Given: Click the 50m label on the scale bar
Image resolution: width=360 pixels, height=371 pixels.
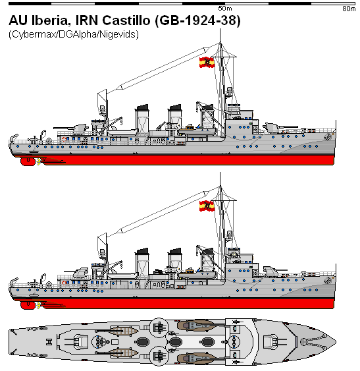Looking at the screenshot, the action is [x=225, y=9].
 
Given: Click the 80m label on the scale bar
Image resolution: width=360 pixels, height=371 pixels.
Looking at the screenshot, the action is [x=349, y=9].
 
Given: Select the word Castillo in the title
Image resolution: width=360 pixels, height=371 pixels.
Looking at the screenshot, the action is [x=126, y=20].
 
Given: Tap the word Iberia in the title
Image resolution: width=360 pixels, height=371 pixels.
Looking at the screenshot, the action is [x=50, y=20].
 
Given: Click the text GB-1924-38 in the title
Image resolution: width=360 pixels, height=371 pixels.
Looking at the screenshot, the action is [x=198, y=20].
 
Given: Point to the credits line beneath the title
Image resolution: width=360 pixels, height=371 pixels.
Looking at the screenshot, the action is [x=74, y=34].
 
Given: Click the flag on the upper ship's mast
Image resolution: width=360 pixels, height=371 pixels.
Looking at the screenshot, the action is [x=207, y=62].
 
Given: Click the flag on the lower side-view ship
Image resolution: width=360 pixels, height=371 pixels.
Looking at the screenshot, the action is [x=207, y=206].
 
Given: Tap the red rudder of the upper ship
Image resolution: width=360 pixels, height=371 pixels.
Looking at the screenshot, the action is [x=28, y=161].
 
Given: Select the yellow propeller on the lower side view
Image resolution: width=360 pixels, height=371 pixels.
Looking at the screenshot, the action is [x=39, y=306].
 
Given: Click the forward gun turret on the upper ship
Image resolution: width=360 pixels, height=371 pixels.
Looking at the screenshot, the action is [x=272, y=127].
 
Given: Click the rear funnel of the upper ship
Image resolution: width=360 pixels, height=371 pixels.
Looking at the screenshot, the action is [x=141, y=119].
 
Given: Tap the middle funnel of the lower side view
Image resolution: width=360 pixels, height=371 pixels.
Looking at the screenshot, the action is [x=175, y=260].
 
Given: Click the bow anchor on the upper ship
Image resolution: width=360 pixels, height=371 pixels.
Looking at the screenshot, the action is [x=328, y=136].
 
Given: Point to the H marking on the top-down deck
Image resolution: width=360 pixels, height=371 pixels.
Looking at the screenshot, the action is [x=49, y=342].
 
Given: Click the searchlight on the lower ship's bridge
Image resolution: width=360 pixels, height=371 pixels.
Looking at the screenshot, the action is [x=234, y=254].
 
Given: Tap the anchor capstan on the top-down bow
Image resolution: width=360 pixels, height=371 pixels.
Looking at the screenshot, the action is [x=303, y=341].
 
